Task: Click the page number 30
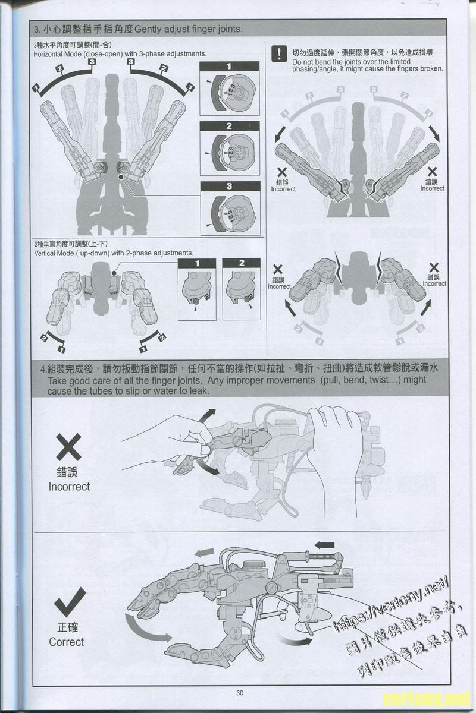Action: click(x=240, y=692)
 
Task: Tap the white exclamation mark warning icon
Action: click(x=278, y=54)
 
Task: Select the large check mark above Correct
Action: click(x=70, y=605)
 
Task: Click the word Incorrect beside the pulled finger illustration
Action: click(x=69, y=487)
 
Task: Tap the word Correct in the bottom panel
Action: click(x=67, y=642)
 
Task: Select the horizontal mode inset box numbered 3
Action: click(x=230, y=208)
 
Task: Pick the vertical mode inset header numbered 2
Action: click(x=241, y=263)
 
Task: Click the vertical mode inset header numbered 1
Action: click(x=196, y=263)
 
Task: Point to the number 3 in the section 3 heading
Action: click(x=37, y=30)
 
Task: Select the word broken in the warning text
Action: click(x=431, y=69)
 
